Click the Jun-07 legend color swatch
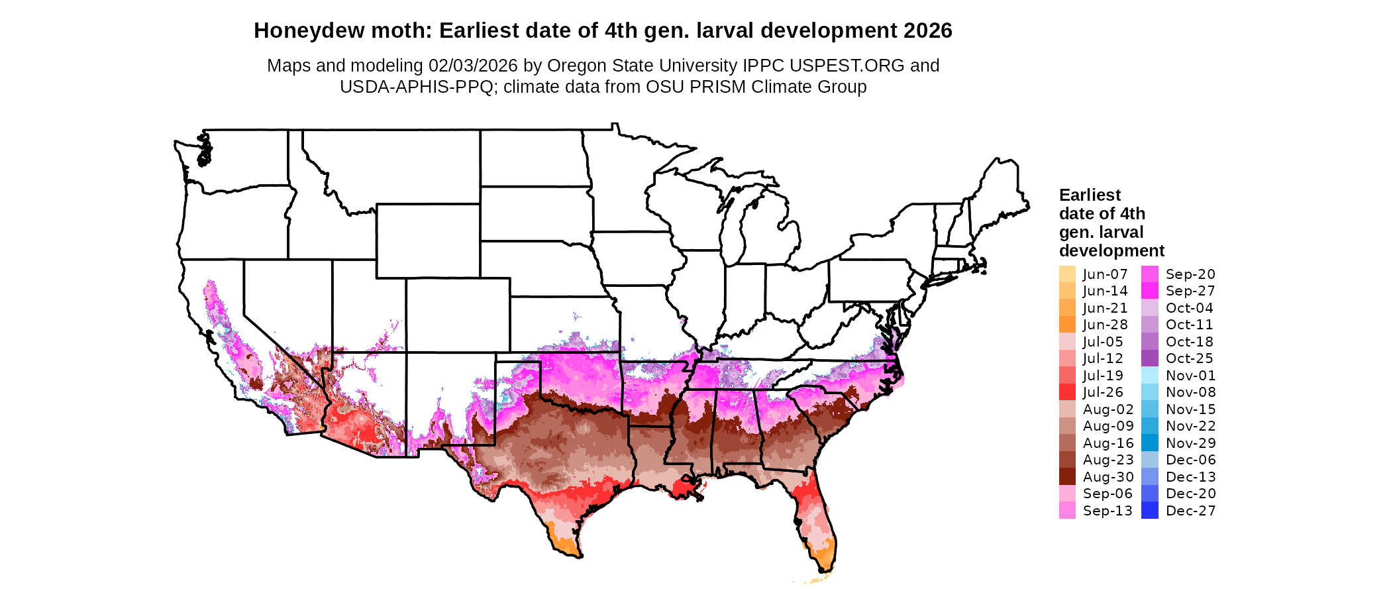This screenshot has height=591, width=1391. (x=1067, y=274)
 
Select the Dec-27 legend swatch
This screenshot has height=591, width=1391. (x=1150, y=511)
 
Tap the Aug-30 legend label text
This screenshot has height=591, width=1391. (x=1108, y=477)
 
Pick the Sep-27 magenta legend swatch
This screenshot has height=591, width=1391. (x=1150, y=291)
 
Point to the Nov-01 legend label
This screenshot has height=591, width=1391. (x=1190, y=376)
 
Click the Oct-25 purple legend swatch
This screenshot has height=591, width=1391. (x=1150, y=358)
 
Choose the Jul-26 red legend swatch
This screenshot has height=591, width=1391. (x=1067, y=392)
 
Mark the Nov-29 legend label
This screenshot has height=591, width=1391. (x=1190, y=443)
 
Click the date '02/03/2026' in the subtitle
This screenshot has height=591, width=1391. (x=473, y=66)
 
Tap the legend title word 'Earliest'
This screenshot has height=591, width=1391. (x=1090, y=195)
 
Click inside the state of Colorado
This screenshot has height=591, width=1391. (x=457, y=315)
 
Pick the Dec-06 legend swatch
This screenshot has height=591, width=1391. (x=1150, y=460)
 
